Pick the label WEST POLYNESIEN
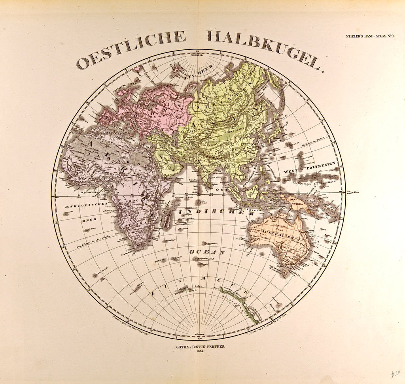click(309, 168)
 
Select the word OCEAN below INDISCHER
click(207, 252)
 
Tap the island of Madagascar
click(167, 220)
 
